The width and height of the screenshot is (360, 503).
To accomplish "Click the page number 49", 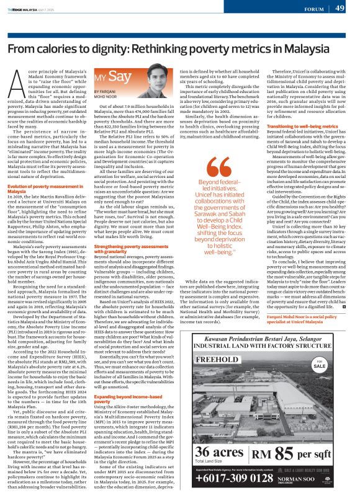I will point(340,8).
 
